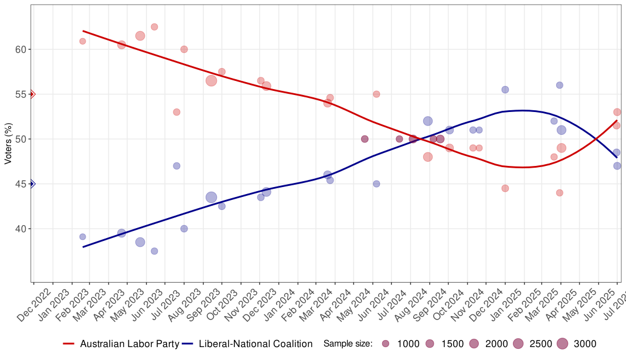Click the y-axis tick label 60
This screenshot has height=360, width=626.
tap(21, 49)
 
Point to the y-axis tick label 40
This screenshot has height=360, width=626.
tap(21, 229)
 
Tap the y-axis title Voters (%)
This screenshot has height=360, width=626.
tap(8, 144)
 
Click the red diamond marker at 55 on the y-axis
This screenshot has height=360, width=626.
tap(32, 94)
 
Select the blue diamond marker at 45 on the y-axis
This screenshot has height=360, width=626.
tap(32, 184)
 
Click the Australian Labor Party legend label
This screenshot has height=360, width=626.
tap(130, 344)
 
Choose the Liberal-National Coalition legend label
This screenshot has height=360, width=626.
tap(256, 344)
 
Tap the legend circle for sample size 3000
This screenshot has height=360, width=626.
tap(562, 344)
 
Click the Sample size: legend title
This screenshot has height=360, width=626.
tap(348, 344)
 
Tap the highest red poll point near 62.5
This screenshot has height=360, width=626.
tap(154, 27)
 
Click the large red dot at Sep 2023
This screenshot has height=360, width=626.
tap(212, 81)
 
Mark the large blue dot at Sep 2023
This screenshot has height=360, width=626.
tap(212, 198)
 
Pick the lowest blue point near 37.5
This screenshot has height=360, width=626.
tap(154, 251)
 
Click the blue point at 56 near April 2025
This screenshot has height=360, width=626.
tap(560, 85)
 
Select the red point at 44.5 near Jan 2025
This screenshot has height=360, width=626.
tap(505, 188)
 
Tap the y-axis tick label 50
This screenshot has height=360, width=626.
tap(21, 139)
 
